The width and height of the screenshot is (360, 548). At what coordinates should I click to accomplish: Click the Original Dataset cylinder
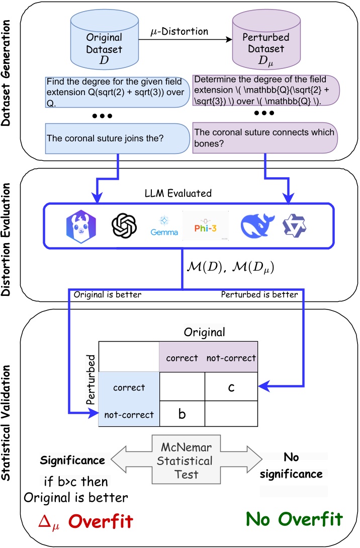tap(104, 43)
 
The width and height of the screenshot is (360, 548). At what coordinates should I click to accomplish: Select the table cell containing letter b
tap(182, 415)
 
